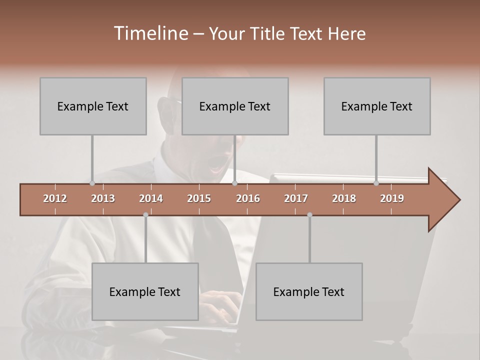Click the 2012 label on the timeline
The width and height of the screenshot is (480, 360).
(x=55, y=198)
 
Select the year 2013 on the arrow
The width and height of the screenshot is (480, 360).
(x=103, y=198)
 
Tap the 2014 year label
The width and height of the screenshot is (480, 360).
(x=151, y=198)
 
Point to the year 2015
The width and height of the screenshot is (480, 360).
(x=199, y=198)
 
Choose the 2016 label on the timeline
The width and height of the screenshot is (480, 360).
(x=248, y=198)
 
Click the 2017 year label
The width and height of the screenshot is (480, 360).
(x=296, y=198)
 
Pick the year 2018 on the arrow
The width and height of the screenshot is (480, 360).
(x=344, y=198)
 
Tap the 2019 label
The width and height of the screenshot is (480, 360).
(x=392, y=198)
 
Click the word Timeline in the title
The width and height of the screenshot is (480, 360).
(x=150, y=33)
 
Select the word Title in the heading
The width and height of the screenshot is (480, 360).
(x=269, y=33)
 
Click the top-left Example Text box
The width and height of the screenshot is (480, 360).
(x=93, y=106)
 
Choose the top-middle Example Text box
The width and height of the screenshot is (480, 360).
(x=235, y=106)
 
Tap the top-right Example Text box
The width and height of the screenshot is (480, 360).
(x=377, y=106)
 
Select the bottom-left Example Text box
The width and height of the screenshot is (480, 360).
(x=145, y=291)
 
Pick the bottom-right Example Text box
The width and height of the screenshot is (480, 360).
(x=309, y=291)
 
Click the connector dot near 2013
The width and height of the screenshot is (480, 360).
(x=92, y=183)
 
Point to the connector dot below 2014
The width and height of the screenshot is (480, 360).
(x=145, y=214)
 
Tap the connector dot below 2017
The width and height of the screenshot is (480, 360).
(x=309, y=214)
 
